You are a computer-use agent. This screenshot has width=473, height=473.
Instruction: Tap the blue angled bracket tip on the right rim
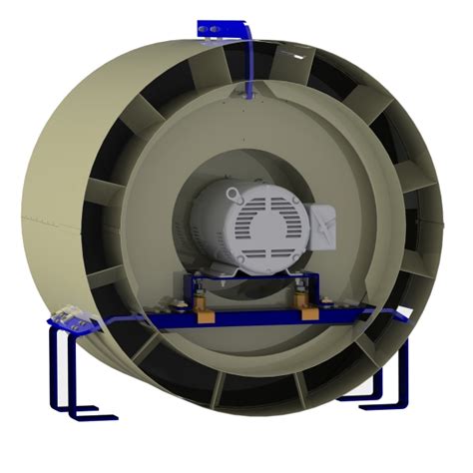(403, 315)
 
